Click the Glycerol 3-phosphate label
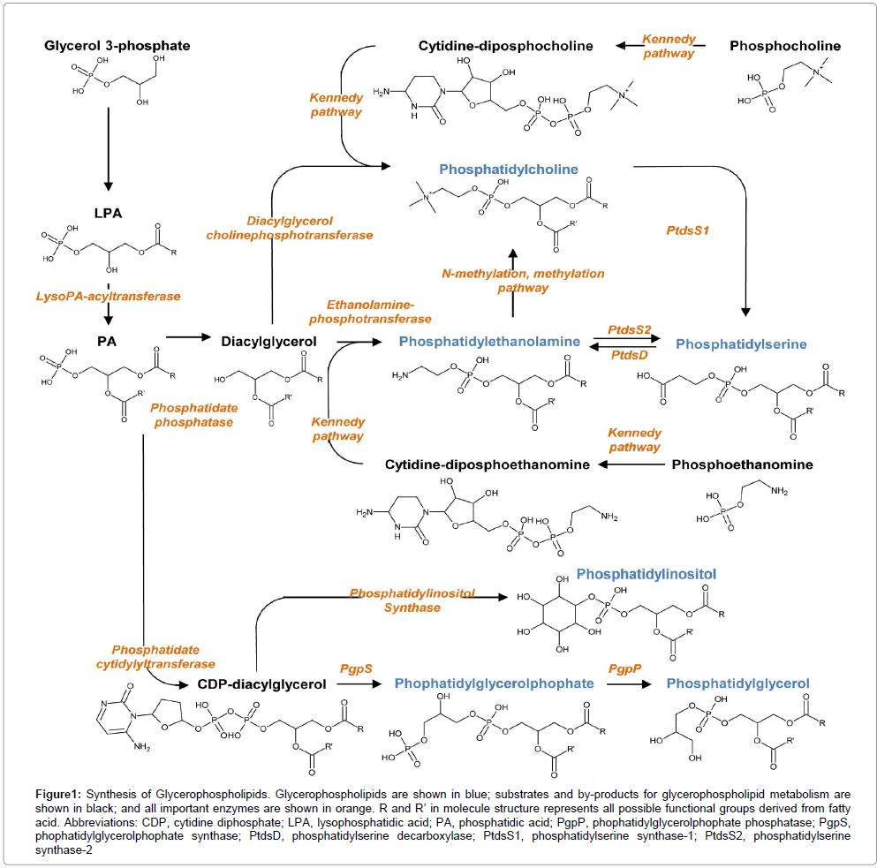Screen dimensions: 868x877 pyautogui.click(x=117, y=45)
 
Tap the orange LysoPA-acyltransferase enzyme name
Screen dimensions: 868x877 pyautogui.click(x=108, y=296)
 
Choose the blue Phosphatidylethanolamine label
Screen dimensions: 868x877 pyautogui.click(x=489, y=341)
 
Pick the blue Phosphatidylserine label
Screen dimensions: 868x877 pyautogui.click(x=741, y=343)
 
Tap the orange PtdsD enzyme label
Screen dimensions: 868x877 pyautogui.click(x=629, y=353)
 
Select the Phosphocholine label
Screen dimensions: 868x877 pyautogui.click(x=785, y=46)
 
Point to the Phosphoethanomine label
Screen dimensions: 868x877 pyautogui.click(x=743, y=464)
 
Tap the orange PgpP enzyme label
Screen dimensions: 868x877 pyautogui.click(x=625, y=669)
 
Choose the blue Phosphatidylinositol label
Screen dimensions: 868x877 pyautogui.click(x=646, y=574)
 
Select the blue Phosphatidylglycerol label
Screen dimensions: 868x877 pyautogui.click(x=737, y=683)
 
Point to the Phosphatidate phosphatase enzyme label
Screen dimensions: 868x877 pyautogui.click(x=192, y=415)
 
